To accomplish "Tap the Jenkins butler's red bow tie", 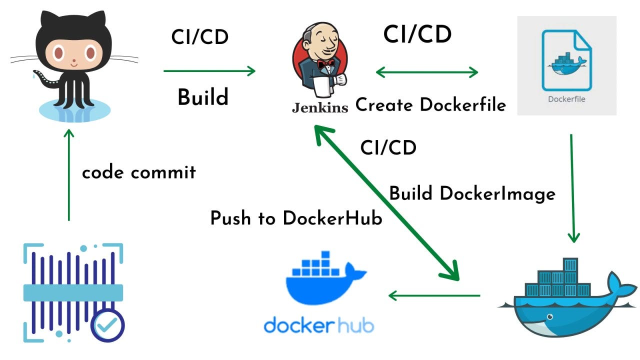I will point(325,64).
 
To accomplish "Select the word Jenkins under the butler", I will point(320,107).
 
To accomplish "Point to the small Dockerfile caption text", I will point(566,99).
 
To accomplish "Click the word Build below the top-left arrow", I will point(202,97).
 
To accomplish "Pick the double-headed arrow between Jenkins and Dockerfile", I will point(426,72).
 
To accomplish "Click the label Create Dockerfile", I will point(430,105).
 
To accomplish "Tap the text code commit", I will point(138,172).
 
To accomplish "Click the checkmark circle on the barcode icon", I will point(107,325).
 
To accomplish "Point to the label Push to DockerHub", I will point(296,218).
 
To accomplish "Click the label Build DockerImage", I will point(472,193).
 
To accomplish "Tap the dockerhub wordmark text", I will point(318,325).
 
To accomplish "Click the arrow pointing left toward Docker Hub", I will point(433,295).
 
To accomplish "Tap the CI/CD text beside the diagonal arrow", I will point(388,148).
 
